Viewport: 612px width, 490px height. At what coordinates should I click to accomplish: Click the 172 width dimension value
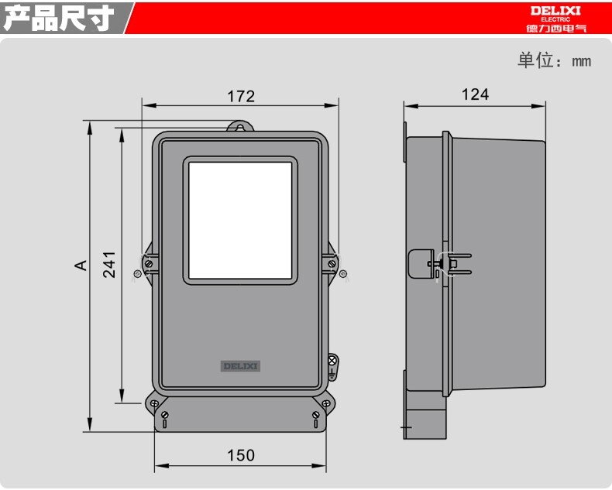click(x=241, y=96)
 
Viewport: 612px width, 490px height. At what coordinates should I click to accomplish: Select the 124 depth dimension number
click(x=475, y=94)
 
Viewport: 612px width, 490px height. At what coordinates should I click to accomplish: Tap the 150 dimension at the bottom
click(x=241, y=455)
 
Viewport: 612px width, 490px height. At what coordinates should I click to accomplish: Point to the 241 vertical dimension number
click(x=109, y=265)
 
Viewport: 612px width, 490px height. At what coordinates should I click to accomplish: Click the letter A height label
click(x=81, y=266)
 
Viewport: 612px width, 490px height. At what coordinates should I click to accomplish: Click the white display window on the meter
click(x=240, y=221)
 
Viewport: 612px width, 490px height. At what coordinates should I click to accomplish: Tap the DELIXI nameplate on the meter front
click(x=240, y=366)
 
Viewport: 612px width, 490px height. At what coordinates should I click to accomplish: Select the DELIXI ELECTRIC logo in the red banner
click(x=555, y=19)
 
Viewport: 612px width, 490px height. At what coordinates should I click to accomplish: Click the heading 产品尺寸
click(x=59, y=18)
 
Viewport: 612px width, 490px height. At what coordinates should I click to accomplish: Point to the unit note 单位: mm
click(x=554, y=60)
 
